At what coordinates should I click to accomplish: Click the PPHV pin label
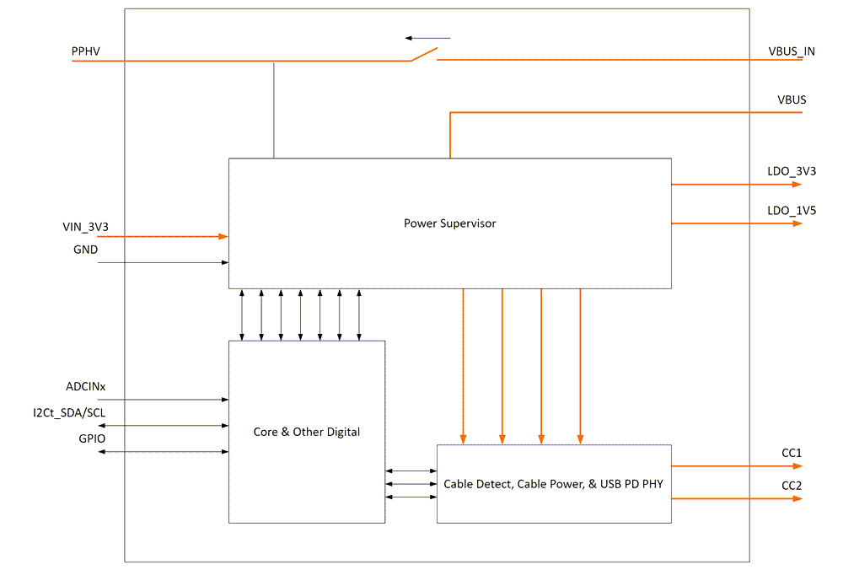click(x=86, y=51)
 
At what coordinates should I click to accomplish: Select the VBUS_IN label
click(x=792, y=51)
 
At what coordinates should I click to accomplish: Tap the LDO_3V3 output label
click(x=792, y=171)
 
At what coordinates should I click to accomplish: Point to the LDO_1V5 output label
click(x=792, y=211)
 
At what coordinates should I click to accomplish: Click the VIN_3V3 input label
click(x=85, y=227)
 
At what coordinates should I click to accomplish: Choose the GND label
click(x=85, y=250)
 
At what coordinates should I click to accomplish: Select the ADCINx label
click(x=86, y=387)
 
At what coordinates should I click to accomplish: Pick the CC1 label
click(x=792, y=453)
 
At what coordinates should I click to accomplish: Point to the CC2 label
click(x=792, y=487)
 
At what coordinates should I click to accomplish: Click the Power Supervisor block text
click(x=449, y=223)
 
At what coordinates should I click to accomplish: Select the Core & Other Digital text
click(x=307, y=432)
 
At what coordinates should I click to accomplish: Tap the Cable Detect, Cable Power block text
click(x=554, y=484)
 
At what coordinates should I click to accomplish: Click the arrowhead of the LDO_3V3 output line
click(x=797, y=184)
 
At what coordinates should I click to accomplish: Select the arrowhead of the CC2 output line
click(x=797, y=499)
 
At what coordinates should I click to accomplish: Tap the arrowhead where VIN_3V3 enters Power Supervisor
click(x=224, y=237)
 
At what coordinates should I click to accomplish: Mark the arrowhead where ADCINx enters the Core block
click(x=224, y=399)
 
